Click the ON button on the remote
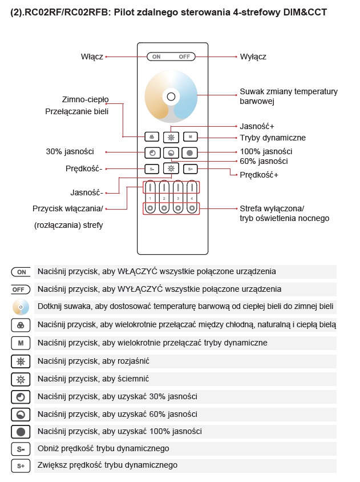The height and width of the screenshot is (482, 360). [x=156, y=57]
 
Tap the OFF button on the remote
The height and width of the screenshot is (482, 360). [x=184, y=57]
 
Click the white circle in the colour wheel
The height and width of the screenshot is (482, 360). [x=171, y=96]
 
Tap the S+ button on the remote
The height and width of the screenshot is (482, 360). [x=191, y=168]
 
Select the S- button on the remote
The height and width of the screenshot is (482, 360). [x=152, y=168]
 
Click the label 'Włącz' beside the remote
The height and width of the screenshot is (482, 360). [x=92, y=57]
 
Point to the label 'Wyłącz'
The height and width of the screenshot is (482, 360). [x=253, y=57]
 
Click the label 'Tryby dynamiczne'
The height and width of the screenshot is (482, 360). [x=273, y=138]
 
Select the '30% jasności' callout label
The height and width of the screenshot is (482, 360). [x=70, y=151]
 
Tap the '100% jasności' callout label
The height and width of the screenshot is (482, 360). [x=266, y=151]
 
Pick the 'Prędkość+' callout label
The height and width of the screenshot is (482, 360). [x=259, y=175]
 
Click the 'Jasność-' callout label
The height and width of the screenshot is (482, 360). [x=87, y=192]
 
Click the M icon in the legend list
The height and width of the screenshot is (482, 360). [x=21, y=343]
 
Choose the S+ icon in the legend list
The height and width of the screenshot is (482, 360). [x=21, y=466]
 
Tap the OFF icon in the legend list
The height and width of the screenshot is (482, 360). [x=21, y=290]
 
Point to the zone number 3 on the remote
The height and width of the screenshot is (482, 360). [x=177, y=198]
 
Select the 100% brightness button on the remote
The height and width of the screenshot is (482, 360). [x=191, y=152]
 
